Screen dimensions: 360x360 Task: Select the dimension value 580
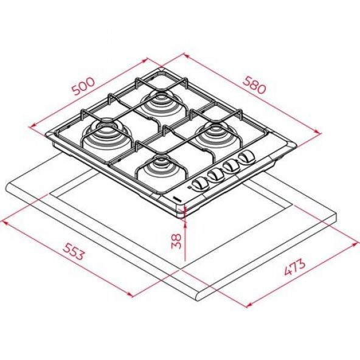click(x=254, y=84)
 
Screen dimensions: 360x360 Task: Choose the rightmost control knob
click(x=246, y=159)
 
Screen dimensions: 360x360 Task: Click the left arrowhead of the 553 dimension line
click(x=4, y=222)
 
